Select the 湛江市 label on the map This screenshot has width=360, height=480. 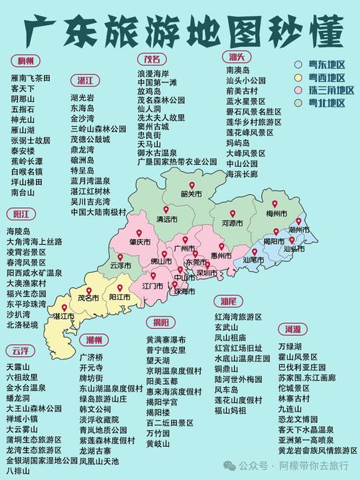[x=63, y=316]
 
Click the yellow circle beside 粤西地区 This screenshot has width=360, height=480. [x=297, y=77]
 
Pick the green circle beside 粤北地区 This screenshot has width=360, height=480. [x=297, y=103]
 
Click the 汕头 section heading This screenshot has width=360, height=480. [x=236, y=57]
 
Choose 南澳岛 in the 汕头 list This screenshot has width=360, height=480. [x=237, y=71]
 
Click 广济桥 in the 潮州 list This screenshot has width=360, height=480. [x=91, y=357]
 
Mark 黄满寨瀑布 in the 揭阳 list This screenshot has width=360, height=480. [x=166, y=340]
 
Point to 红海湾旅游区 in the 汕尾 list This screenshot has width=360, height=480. [x=238, y=317]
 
